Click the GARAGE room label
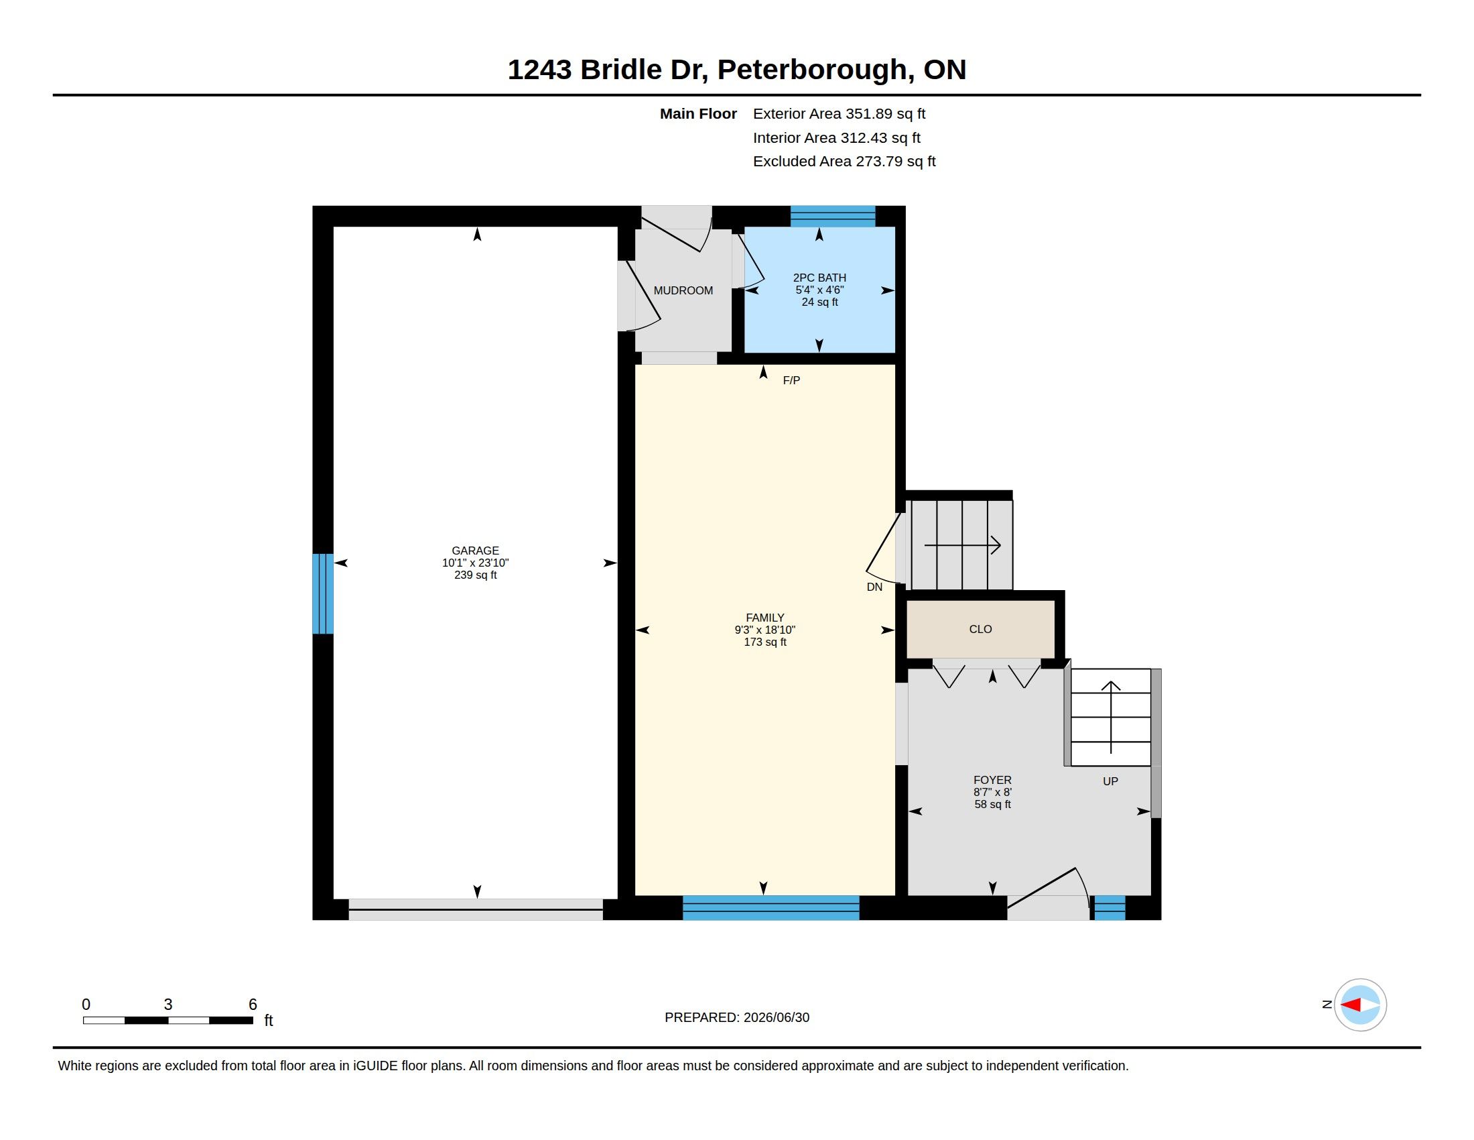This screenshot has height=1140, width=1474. [x=475, y=551]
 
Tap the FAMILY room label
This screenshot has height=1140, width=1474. [x=764, y=617]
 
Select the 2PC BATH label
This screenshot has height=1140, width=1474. [x=819, y=278]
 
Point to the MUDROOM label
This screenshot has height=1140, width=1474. [x=683, y=290]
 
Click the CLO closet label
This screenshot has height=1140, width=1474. [x=980, y=630]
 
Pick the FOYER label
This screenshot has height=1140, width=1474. [x=992, y=780]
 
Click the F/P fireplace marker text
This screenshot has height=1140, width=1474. [x=791, y=380]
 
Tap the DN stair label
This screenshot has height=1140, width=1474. [x=874, y=587]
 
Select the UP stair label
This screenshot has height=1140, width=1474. [x=1110, y=781]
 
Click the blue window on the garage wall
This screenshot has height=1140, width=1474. [x=323, y=593]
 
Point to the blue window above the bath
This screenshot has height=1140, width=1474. [x=833, y=216]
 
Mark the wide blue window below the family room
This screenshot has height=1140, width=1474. [x=770, y=908]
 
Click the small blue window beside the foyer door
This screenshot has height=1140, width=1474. [x=1110, y=908]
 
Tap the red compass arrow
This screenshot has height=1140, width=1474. [x=1350, y=1005]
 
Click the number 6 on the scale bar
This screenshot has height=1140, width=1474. [x=253, y=1005]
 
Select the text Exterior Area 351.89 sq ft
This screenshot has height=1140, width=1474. [x=839, y=114]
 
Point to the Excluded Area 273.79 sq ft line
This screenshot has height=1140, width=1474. [x=844, y=162]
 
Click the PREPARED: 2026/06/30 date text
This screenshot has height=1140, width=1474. [x=737, y=1017]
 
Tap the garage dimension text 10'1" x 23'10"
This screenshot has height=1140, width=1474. [x=475, y=563]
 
